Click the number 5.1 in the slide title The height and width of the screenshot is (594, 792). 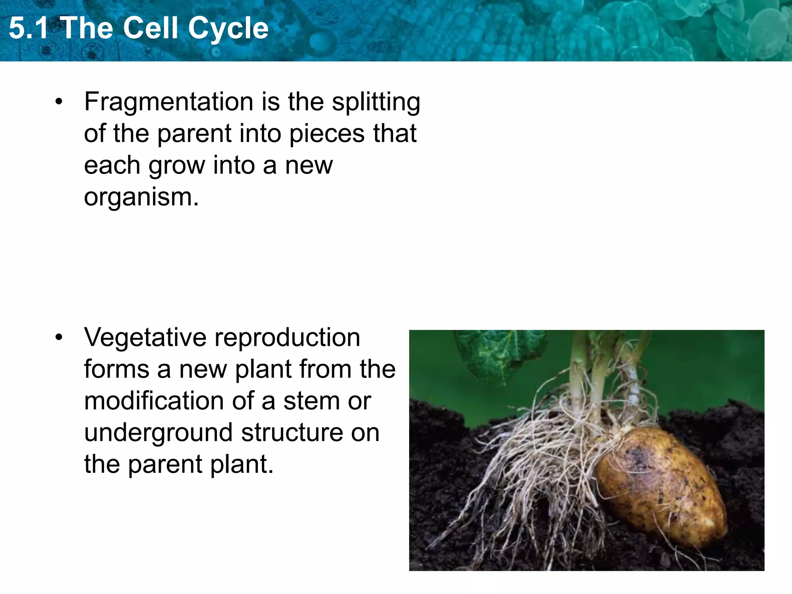pyautogui.click(x=29, y=28)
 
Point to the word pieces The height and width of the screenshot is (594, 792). pyautogui.click(x=327, y=134)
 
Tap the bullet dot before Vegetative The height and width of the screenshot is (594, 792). pyautogui.click(x=59, y=338)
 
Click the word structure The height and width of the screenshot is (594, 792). pyautogui.click(x=292, y=432)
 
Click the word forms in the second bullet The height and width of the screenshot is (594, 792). pyautogui.click(x=116, y=369)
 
